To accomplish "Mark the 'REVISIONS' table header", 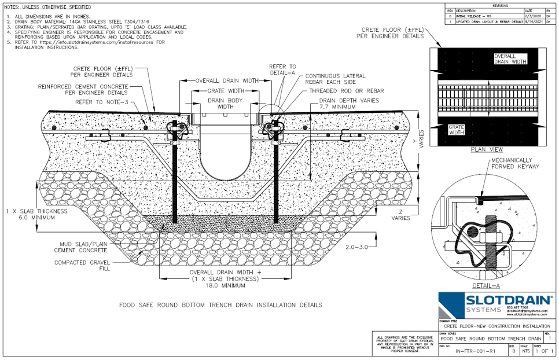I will (x=499, y=5).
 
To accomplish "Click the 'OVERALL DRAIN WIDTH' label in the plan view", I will (x=510, y=58).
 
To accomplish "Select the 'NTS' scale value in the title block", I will (x=525, y=351).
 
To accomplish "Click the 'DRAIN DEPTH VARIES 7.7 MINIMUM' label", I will (x=349, y=104).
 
